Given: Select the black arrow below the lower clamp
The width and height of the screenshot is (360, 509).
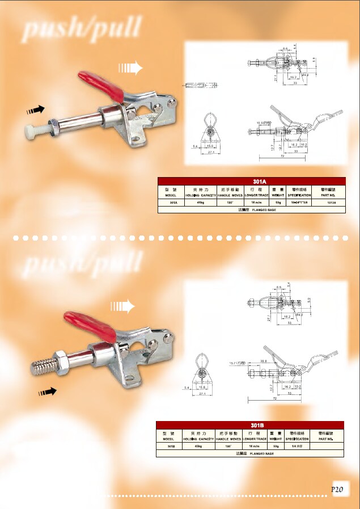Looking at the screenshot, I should point(48,391).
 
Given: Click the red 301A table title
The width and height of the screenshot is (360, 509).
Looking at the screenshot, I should point(251,182).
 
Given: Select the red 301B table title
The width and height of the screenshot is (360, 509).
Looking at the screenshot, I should point(250,424).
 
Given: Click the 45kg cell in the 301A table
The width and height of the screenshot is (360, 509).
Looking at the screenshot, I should point(200,201).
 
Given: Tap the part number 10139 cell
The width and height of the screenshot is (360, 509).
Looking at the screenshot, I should point(328,201).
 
